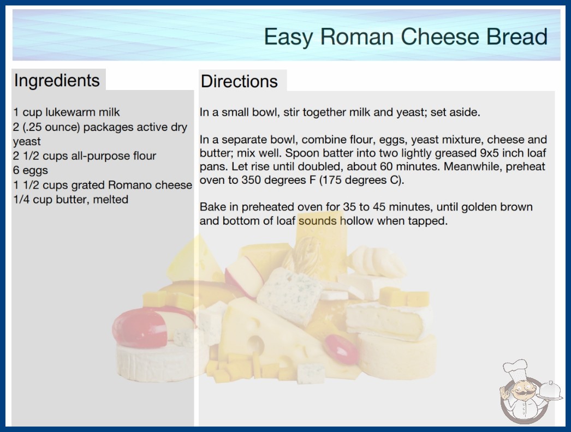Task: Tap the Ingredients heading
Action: (x=57, y=81)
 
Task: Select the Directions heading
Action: (x=239, y=81)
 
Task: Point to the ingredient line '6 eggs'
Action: (x=31, y=170)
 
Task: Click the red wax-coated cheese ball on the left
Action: (x=140, y=327)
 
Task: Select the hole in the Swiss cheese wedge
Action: (x=256, y=344)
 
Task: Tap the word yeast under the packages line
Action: (x=27, y=142)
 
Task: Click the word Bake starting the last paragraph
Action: (x=213, y=207)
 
